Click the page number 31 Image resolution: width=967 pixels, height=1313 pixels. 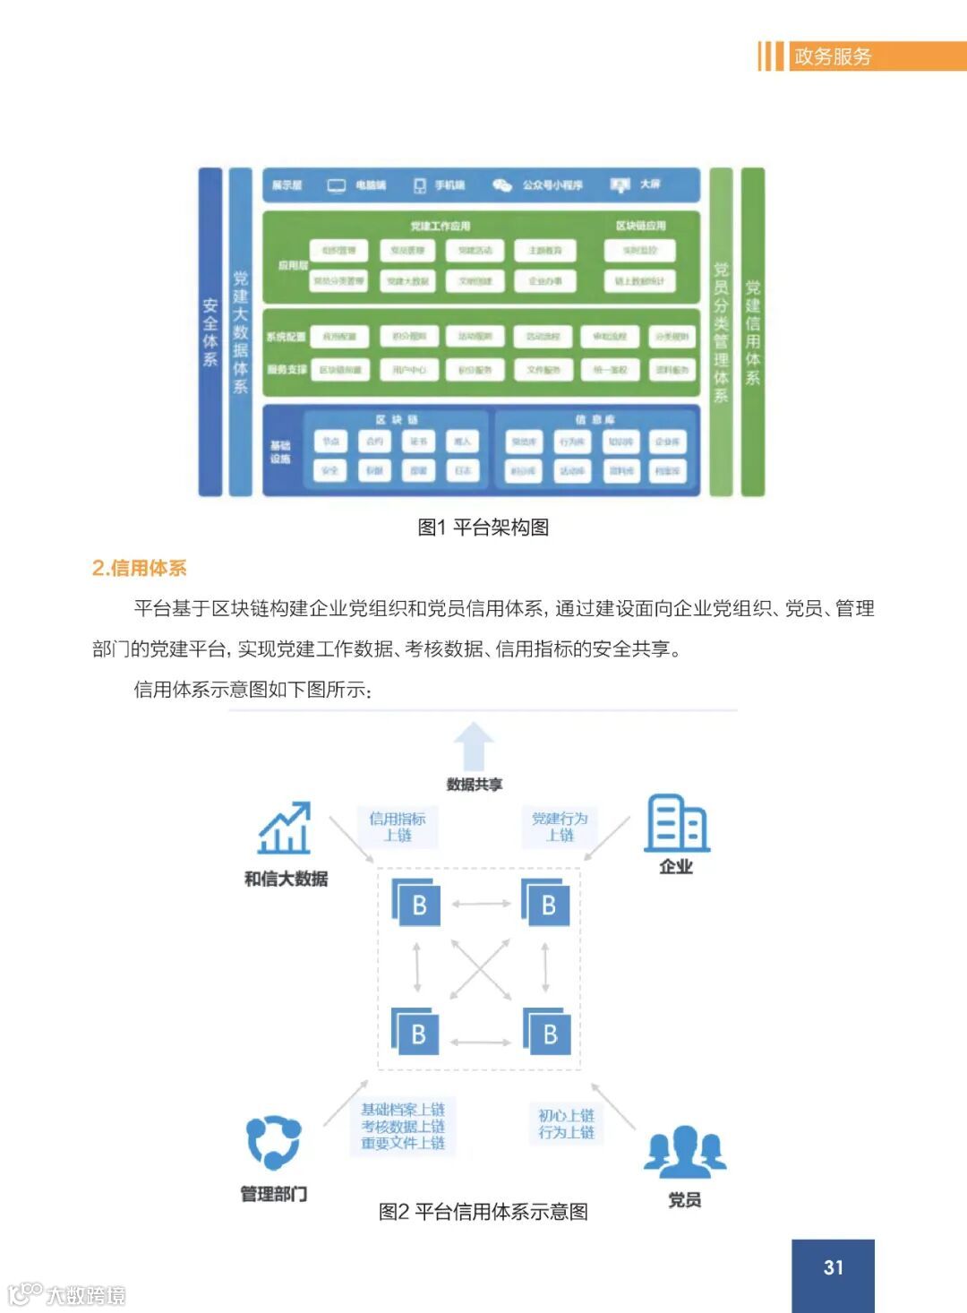tap(833, 1267)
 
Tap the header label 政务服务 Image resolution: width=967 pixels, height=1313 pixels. tap(833, 56)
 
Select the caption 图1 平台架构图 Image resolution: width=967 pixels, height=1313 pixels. tap(483, 527)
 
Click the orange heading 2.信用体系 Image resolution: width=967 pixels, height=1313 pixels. tap(139, 568)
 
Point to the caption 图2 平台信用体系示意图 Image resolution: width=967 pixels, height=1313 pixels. tap(483, 1212)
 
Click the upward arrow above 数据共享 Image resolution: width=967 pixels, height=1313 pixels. tap(474, 746)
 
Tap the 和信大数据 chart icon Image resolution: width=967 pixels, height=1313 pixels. tap(285, 828)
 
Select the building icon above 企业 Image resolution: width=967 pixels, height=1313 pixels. tap(676, 822)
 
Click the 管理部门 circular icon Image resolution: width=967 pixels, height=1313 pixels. tap(273, 1143)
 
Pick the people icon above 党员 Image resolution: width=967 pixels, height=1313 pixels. tap(685, 1151)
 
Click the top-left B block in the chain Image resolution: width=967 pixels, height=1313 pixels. tap(416, 903)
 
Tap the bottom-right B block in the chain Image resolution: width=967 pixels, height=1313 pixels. tap(548, 1033)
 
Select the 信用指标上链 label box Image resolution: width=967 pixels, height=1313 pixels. tap(398, 827)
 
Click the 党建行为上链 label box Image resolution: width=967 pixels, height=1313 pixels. tap(560, 827)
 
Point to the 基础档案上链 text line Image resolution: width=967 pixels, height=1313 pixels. tap(403, 1110)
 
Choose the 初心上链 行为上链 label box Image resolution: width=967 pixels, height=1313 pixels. tap(566, 1124)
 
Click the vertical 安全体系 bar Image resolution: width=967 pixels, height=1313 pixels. tap(210, 331)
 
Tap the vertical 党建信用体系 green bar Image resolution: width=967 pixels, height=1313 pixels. tap(753, 331)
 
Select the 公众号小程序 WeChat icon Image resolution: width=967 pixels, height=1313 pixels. tap(502, 185)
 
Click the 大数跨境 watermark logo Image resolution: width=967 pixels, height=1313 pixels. tap(66, 1294)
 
